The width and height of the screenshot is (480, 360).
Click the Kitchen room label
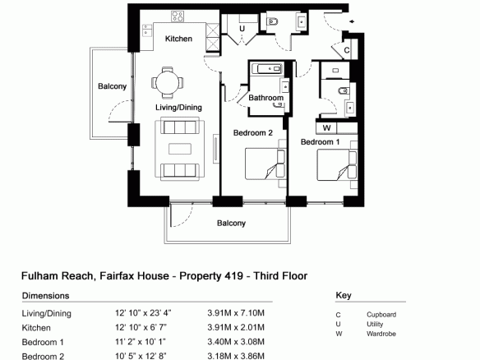pos(178,39)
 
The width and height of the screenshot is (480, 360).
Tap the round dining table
pos(167,83)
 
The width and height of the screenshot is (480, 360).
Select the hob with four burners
pos(178,16)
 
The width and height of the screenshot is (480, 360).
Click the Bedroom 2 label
pos(253,133)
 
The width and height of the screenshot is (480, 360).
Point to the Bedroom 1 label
pos(321,142)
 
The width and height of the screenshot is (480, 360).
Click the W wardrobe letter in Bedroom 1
pos(326,128)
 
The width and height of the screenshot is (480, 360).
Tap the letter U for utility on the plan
pos(242,29)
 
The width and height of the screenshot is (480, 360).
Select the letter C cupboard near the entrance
pos(347,50)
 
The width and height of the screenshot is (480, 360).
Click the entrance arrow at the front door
pos(352,21)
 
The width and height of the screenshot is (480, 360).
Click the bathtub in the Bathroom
pos(270,68)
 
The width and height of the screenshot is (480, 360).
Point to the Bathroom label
pos(266,98)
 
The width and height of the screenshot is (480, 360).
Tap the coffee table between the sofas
pos(180,149)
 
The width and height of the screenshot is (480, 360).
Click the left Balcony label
pos(112,86)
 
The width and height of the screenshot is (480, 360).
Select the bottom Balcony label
pos(232,224)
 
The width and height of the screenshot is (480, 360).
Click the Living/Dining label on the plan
pos(179,108)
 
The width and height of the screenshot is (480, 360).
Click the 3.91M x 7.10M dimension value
pos(236,313)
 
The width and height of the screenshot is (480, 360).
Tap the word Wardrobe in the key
pos(381,334)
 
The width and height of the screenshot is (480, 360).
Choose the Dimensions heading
pos(45,296)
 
